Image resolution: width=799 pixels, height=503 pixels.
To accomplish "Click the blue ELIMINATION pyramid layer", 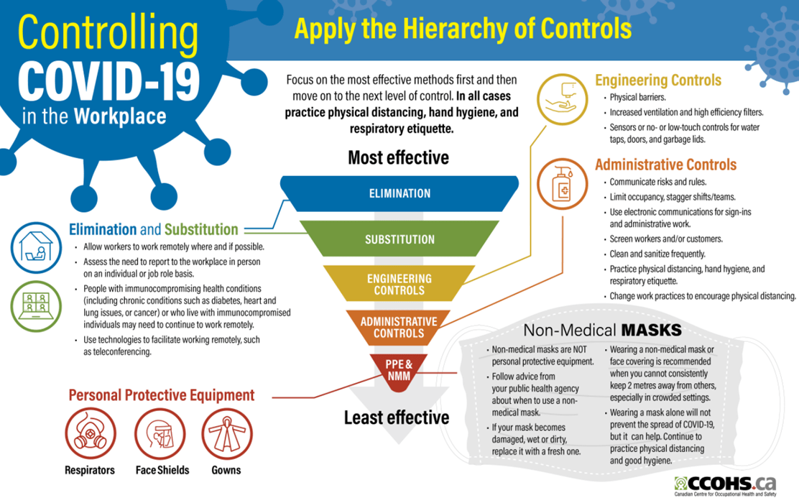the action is click(x=399, y=194).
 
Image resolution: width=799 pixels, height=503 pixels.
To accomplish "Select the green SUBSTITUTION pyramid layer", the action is click(x=399, y=239).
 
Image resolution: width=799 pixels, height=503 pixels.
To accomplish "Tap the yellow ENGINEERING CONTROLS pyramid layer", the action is click(x=399, y=284).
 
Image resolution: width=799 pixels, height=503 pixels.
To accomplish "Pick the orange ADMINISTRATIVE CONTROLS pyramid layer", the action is click(x=399, y=328).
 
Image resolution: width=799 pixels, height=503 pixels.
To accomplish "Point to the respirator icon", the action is click(x=91, y=434).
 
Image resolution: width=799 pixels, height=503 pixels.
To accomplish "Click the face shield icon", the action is click(x=160, y=434).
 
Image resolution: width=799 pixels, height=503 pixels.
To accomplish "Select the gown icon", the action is click(x=227, y=434).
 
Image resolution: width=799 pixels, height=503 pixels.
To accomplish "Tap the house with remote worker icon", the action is click(x=36, y=248).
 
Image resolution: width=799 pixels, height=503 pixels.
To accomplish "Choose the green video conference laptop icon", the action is click(x=36, y=306).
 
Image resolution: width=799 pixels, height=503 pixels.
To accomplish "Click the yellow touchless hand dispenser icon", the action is click(x=562, y=99).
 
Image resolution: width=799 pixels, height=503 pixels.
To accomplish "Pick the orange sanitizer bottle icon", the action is click(x=562, y=184).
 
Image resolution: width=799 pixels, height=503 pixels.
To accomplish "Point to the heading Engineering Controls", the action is click(x=658, y=80).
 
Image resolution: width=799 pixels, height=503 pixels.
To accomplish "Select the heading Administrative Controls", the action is click(x=666, y=165).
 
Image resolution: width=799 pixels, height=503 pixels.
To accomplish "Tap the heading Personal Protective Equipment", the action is click(x=162, y=395).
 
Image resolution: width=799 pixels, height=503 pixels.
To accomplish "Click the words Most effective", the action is click(x=399, y=157).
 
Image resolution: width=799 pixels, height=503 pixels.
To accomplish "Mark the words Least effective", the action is click(x=397, y=417).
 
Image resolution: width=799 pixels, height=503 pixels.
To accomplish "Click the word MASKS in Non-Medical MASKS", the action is click(x=651, y=331).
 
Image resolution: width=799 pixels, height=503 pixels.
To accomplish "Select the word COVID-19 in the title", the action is click(x=108, y=81).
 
